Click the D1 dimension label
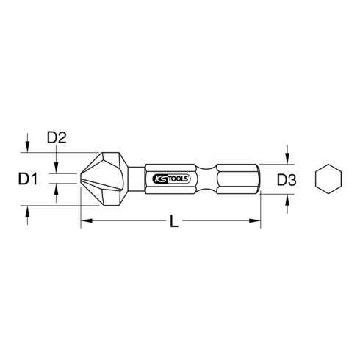28,179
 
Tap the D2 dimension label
57,137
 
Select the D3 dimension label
287,180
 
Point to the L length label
174,222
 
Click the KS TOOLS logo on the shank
171,179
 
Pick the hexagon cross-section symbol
328,179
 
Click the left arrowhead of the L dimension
87,220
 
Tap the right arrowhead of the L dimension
255,220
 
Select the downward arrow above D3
287,154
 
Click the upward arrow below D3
287,204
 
